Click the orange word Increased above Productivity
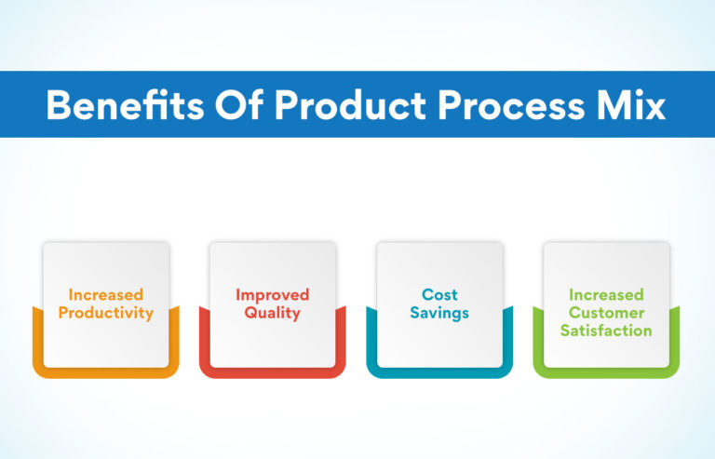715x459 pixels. pos(105,296)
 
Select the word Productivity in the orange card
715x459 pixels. pos(105,314)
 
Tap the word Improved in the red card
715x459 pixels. pos(272,296)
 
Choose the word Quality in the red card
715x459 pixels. pos(272,314)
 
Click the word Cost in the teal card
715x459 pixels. pos(439,296)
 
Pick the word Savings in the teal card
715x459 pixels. pos(439,314)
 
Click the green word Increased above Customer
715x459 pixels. pos(606,295)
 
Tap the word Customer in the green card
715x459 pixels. pos(606,313)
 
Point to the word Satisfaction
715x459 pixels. pos(606,331)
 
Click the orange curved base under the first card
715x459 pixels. pos(105,371)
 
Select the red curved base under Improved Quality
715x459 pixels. pos(272,371)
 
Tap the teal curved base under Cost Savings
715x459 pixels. pos(439,371)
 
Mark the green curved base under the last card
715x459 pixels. pos(606,371)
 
